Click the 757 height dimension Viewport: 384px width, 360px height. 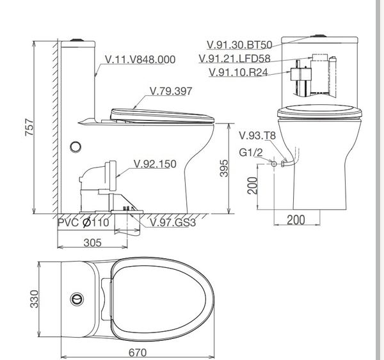click(29, 127)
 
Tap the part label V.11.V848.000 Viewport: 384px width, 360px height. click(140, 59)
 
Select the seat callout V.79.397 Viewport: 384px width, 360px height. click(171, 91)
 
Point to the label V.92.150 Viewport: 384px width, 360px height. click(155, 164)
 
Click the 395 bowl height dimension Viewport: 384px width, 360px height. click(224, 168)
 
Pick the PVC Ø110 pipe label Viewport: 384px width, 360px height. click(83, 223)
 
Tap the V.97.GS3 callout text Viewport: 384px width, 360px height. click(173, 223)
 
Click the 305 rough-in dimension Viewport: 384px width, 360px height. click(92, 242)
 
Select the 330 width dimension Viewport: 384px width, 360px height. click(34, 299)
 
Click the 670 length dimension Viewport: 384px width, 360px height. click(138, 353)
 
